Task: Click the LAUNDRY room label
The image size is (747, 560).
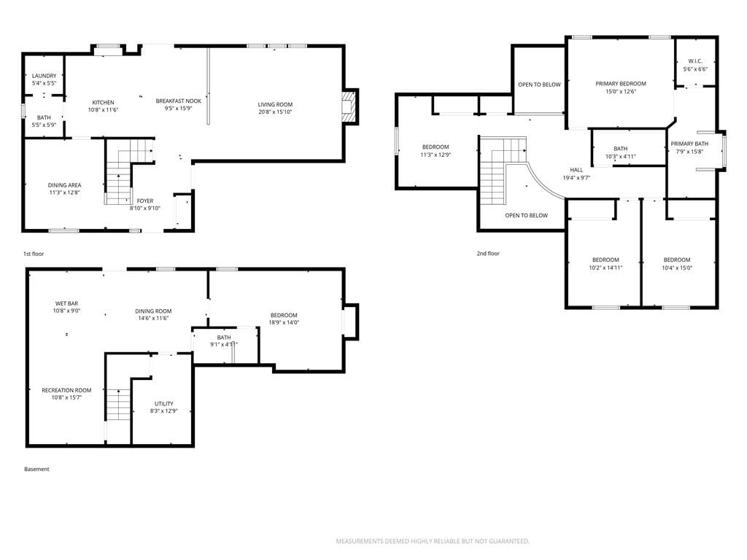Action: pyautogui.click(x=44, y=76)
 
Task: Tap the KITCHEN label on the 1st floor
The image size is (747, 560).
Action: pyautogui.click(x=103, y=102)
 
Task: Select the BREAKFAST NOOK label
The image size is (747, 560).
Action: pyautogui.click(x=179, y=101)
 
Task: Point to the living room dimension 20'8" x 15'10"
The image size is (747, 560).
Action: pyautogui.click(x=275, y=112)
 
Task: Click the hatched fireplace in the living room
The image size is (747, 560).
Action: pyautogui.click(x=348, y=106)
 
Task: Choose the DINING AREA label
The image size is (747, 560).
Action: pyautogui.click(x=64, y=185)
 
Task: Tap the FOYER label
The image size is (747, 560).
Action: pyautogui.click(x=145, y=201)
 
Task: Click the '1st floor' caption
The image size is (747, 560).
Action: pyautogui.click(x=34, y=254)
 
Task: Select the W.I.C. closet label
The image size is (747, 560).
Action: pyautogui.click(x=695, y=61)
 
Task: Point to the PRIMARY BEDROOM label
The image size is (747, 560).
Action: pyautogui.click(x=621, y=84)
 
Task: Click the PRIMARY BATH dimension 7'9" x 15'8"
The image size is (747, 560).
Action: pyautogui.click(x=689, y=152)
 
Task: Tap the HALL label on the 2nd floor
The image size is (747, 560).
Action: pyautogui.click(x=576, y=170)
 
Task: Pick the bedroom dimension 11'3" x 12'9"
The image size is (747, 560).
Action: pyautogui.click(x=436, y=155)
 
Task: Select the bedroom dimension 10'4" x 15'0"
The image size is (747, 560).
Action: pyautogui.click(x=677, y=268)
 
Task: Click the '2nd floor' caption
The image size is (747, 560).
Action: pyautogui.click(x=488, y=253)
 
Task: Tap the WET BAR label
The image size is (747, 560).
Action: pyautogui.click(x=66, y=303)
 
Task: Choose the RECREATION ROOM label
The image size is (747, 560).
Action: pyautogui.click(x=66, y=390)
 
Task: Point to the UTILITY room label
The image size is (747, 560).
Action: pyautogui.click(x=164, y=404)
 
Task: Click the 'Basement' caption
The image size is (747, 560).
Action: pyautogui.click(x=36, y=469)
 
